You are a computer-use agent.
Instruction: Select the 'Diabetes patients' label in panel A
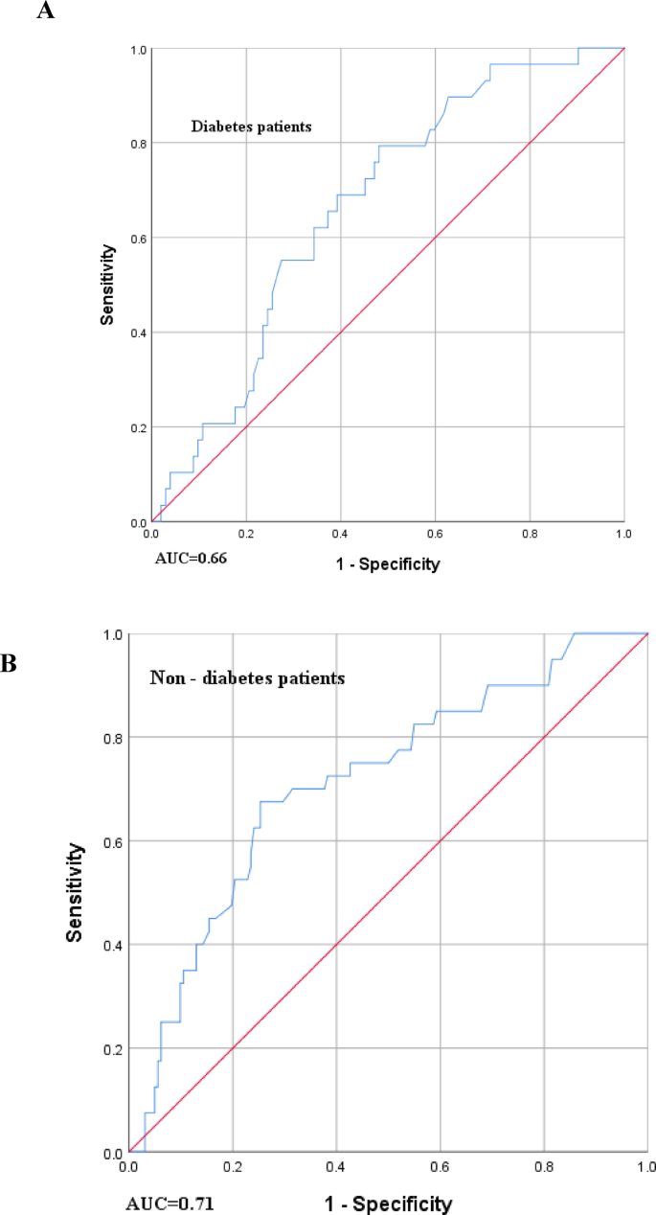click(251, 126)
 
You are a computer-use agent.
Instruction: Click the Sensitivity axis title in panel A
click(110, 285)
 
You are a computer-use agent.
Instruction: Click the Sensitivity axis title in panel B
click(74, 892)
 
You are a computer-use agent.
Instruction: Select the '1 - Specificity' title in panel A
click(388, 564)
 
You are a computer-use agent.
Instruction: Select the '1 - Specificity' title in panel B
click(388, 1202)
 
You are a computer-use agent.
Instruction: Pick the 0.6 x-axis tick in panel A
click(436, 535)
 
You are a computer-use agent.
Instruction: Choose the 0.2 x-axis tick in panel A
click(246, 535)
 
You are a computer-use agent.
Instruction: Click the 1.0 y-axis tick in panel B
click(112, 634)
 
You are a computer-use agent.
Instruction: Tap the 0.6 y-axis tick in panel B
click(112, 841)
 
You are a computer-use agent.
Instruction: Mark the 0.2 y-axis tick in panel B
click(112, 1049)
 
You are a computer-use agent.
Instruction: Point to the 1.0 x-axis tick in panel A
click(623, 535)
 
